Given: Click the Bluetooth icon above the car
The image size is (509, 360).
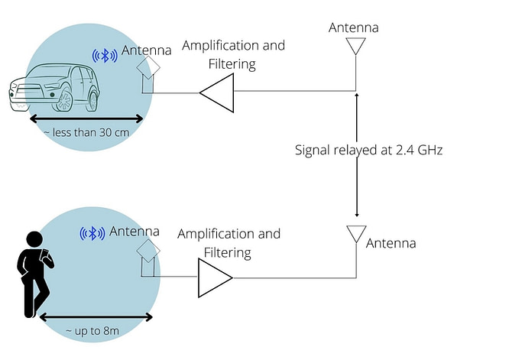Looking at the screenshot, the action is point(105,56).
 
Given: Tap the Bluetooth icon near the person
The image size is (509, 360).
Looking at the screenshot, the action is point(92,233).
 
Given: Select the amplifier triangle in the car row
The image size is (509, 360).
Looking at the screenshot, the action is point(217,92).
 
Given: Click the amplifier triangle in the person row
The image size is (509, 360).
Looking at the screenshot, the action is point(216,278).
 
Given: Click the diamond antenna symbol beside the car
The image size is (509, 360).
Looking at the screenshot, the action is point(148,67).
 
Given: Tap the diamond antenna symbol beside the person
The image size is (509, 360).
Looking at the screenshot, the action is point(148,251).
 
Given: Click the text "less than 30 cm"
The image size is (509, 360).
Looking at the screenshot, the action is point(91,132).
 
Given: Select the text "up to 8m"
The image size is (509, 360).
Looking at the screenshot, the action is point(97,331).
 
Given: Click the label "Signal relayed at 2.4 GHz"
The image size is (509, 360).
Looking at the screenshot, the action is point(368,150).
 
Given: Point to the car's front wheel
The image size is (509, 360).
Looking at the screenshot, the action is point(64,100).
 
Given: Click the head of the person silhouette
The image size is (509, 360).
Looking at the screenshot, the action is point(34,240).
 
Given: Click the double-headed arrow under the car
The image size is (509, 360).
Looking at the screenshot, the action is point(86,118).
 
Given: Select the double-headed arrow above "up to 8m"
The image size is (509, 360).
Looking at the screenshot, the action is point(96,317).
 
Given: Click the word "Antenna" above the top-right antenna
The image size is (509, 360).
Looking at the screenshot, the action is point(354,28).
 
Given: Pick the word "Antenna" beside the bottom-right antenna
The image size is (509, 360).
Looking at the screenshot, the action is point(391,243).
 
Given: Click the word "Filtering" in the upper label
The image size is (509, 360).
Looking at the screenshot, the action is point(232,64).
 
